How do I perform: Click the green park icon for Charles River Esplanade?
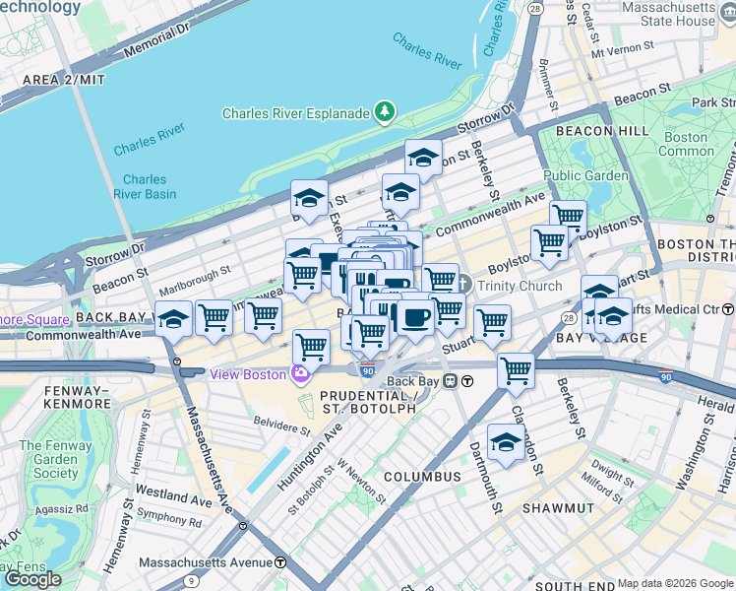click(x=385, y=112)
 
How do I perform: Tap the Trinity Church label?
click(x=520, y=287)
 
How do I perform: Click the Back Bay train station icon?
click(x=451, y=381)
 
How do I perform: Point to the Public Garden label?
click(x=585, y=176)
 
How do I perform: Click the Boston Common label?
click(x=686, y=144)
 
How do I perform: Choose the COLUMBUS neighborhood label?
click(x=422, y=477)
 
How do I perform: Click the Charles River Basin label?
click(x=145, y=186)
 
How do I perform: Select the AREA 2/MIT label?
click(x=58, y=79)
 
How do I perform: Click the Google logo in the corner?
click(x=32, y=579)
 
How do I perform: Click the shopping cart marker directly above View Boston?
click(x=311, y=346)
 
